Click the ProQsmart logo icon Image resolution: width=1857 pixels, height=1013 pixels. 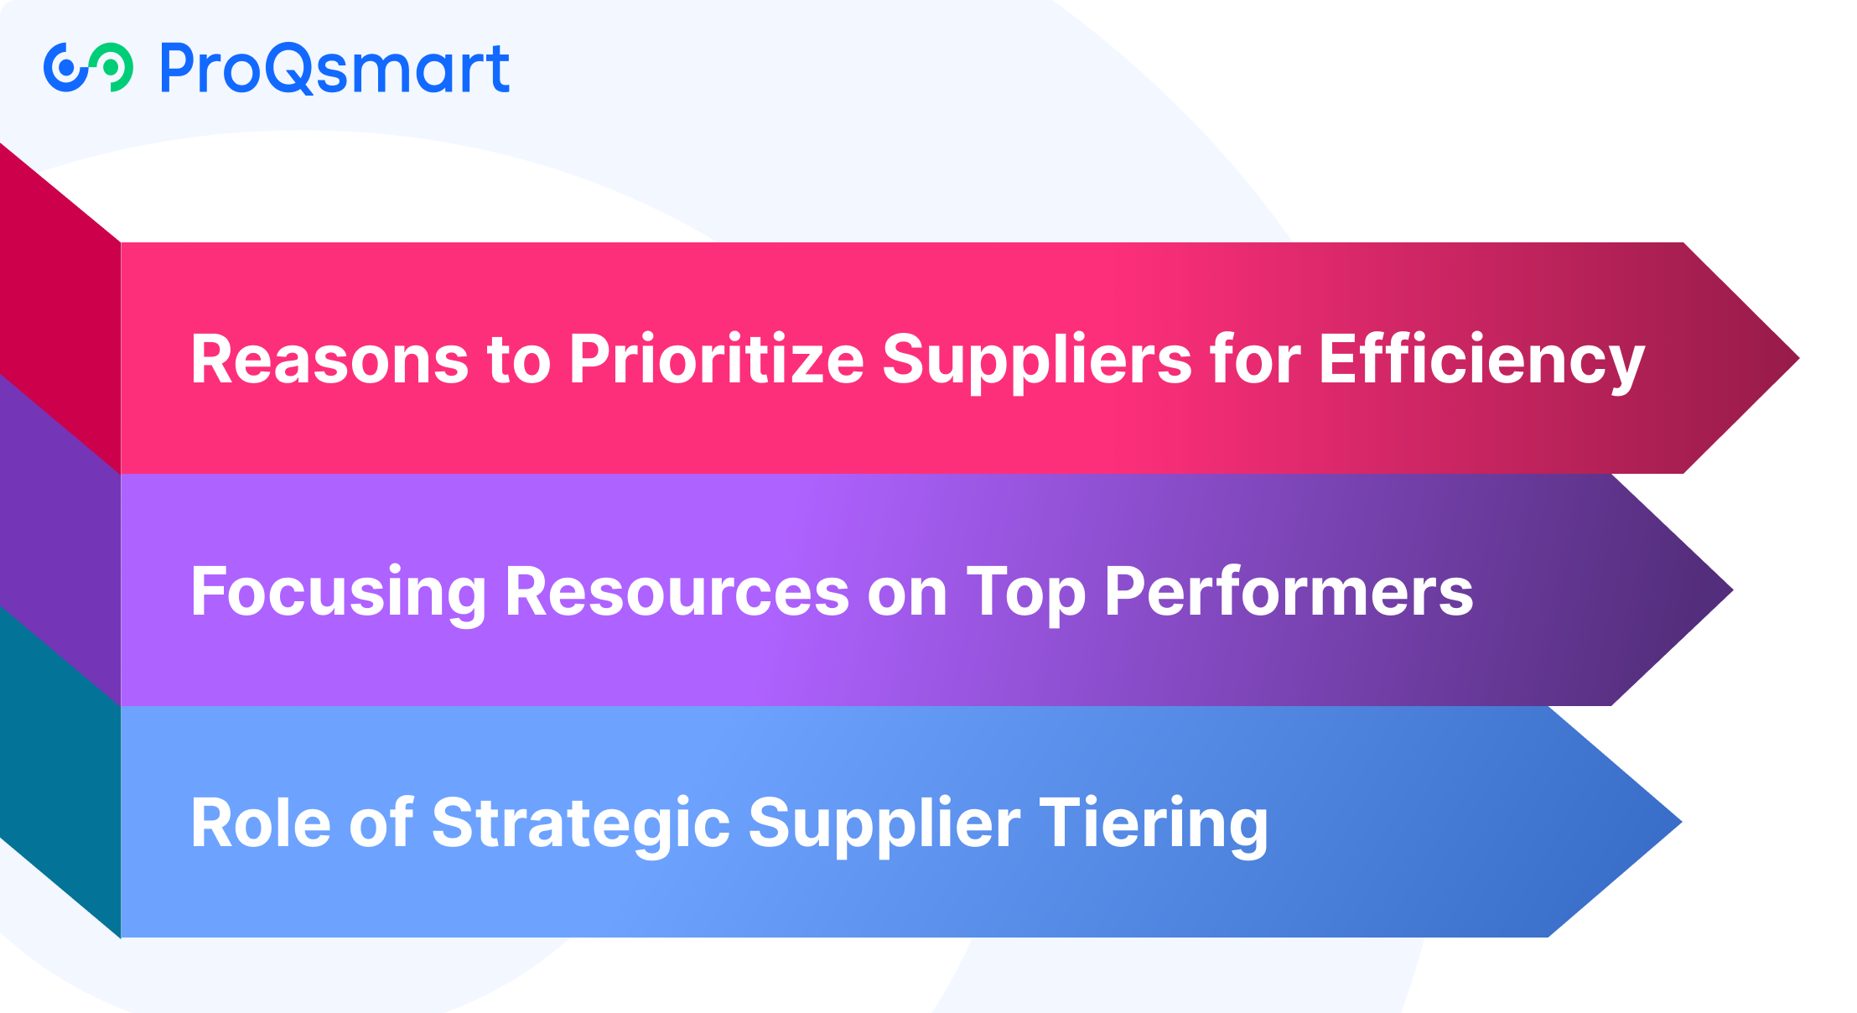(x=88, y=67)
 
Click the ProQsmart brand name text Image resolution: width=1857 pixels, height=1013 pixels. (x=335, y=69)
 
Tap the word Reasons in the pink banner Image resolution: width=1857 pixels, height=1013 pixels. (x=329, y=359)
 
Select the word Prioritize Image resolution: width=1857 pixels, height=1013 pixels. (x=716, y=359)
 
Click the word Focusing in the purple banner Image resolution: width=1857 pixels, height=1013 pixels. (x=338, y=592)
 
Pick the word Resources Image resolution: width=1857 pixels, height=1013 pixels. (x=677, y=592)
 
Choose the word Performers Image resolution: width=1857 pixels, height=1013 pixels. (x=1289, y=592)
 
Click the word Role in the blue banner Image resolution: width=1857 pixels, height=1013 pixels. (x=261, y=823)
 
